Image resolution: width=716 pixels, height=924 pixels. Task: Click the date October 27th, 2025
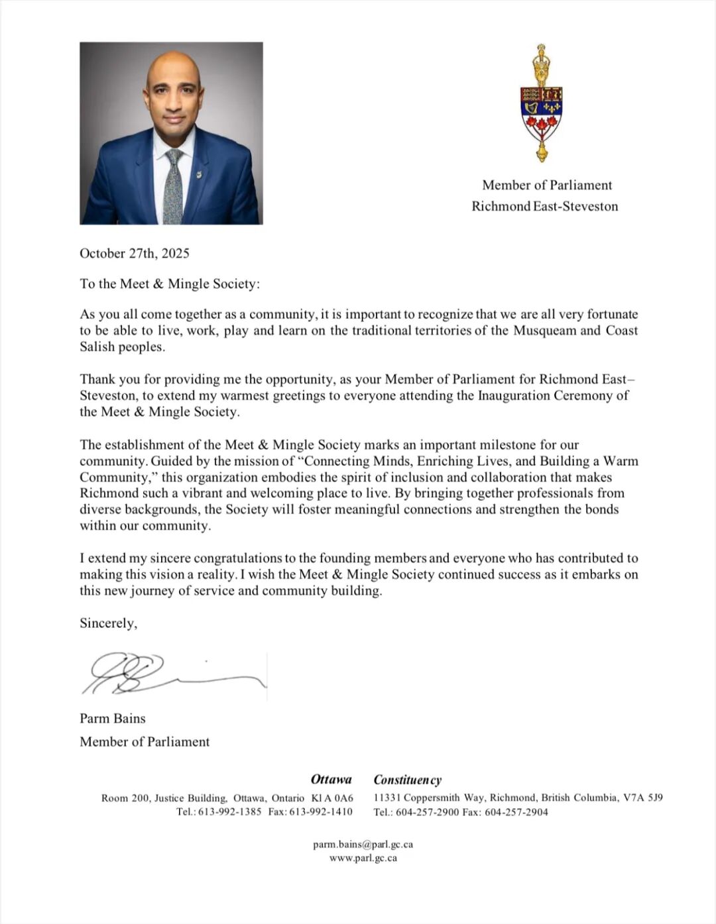point(135,253)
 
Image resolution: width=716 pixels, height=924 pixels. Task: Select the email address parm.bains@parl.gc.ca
point(363,844)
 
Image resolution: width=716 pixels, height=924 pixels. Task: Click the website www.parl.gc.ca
point(363,858)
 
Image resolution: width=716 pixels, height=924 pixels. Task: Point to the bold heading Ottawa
point(331,779)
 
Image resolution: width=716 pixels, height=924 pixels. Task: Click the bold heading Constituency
point(408,780)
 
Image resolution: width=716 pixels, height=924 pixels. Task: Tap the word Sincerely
point(108,623)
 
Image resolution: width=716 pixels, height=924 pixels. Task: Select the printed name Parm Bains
point(113,718)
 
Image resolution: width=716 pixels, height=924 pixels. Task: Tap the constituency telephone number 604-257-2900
point(428,812)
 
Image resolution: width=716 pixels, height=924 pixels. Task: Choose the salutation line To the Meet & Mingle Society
point(170,283)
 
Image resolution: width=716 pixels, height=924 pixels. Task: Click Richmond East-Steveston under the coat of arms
point(544,206)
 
